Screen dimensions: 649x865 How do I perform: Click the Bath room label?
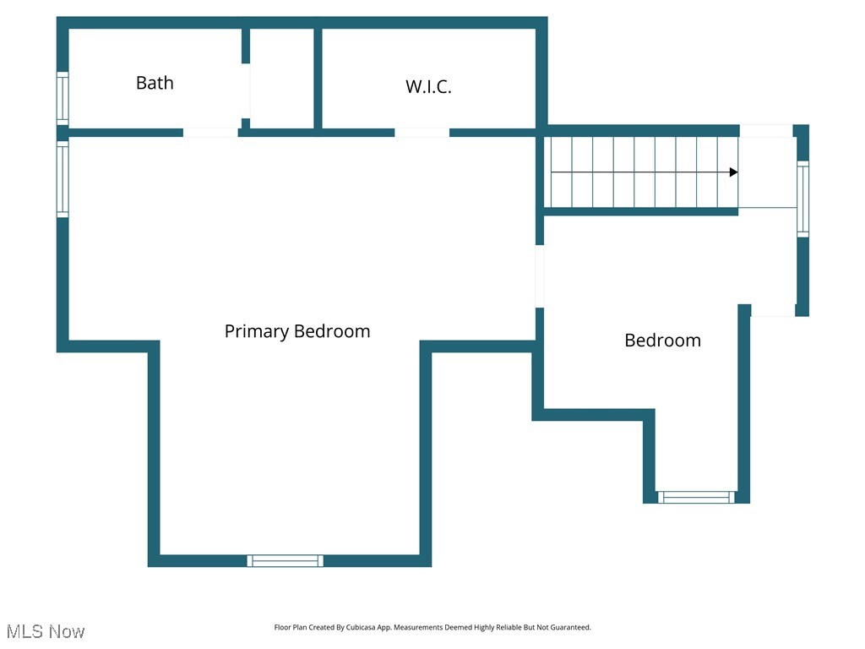point(155,83)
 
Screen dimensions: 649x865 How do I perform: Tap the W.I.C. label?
point(428,86)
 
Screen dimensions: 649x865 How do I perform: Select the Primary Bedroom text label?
point(296,331)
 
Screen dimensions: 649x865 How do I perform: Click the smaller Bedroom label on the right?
point(662,341)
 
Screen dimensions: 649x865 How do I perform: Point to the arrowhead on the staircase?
point(733,172)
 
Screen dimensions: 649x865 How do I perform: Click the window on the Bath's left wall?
point(63,98)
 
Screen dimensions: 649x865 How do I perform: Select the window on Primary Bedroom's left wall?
point(63,178)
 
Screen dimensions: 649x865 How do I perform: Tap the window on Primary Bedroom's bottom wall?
point(286,560)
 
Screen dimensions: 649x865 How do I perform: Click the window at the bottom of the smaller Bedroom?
point(697,497)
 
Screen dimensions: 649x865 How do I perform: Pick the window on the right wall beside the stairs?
point(802,199)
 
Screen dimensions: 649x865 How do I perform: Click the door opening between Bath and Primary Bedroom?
point(210,133)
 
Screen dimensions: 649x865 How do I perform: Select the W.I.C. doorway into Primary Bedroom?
point(422,133)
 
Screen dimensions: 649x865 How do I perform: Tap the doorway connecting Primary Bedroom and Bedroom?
point(539,276)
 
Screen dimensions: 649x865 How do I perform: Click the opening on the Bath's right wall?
point(246,91)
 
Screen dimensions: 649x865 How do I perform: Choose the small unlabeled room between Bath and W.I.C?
point(282,79)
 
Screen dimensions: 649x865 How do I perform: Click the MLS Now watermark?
point(46,631)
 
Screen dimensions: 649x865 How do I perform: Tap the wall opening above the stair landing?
point(765,131)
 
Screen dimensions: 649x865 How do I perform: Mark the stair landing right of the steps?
point(767,172)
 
